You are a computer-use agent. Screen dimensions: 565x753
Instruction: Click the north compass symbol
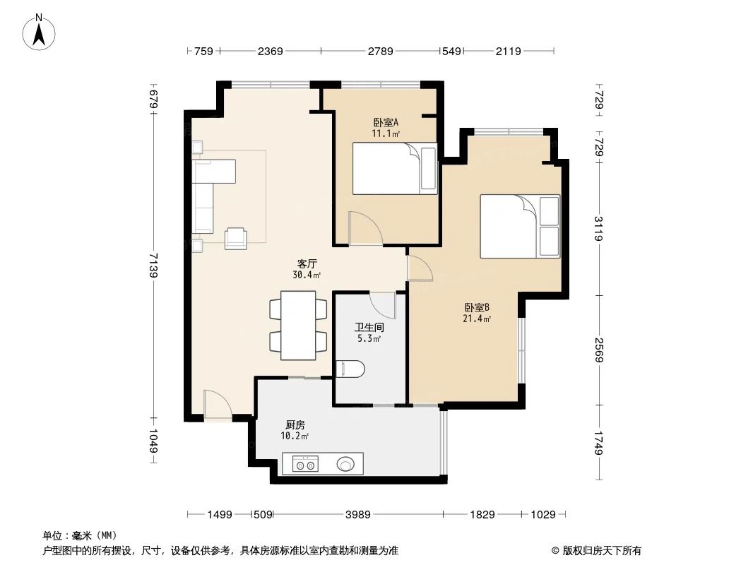40,31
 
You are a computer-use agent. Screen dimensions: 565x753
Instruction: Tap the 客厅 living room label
306,263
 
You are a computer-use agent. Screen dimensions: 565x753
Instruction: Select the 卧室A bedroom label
386,121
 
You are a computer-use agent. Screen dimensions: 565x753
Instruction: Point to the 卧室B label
477,307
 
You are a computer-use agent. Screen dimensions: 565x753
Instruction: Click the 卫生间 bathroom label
367,328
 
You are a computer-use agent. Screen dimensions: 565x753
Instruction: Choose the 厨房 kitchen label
295,425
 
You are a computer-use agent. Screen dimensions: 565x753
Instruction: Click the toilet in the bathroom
351,368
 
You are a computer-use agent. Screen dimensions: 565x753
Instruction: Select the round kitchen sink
345,465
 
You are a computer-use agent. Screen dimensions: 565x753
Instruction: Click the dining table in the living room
298,325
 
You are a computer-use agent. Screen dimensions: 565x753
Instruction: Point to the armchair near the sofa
236,238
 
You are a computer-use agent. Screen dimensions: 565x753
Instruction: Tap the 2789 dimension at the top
381,51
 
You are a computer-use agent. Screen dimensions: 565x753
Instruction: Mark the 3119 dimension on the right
598,229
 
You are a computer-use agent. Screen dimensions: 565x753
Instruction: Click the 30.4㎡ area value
306,275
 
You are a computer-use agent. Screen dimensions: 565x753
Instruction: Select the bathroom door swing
384,304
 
